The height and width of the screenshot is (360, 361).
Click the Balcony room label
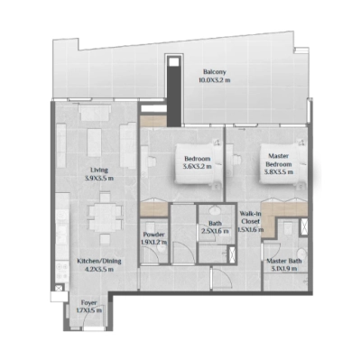pos(214,71)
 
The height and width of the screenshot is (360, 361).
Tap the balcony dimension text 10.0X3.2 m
pos(214,80)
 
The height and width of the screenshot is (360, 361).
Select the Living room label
pos(99,170)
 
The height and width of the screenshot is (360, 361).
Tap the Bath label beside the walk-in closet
pos(215,223)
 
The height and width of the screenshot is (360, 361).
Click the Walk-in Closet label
pos(251,217)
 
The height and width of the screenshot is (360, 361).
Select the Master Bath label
pos(283,261)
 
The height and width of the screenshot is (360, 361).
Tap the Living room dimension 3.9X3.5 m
pos(99,178)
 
